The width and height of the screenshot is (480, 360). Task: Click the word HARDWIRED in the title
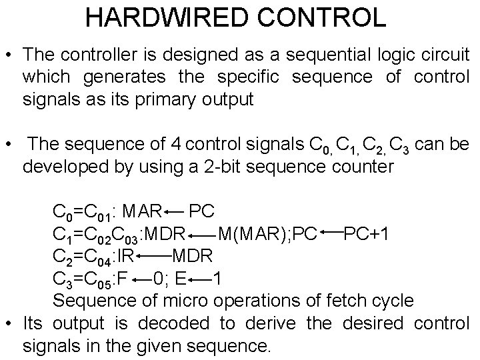157,17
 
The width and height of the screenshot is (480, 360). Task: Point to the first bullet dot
10,55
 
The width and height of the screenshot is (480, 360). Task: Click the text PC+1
370,234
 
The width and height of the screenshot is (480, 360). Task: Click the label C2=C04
83,256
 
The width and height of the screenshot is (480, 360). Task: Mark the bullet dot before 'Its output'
10,324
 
